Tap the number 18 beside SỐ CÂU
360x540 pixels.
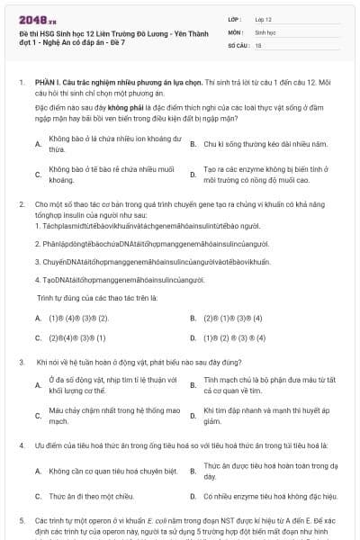coord(258,44)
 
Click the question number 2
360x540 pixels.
coord(22,204)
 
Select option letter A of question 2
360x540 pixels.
coord(37,319)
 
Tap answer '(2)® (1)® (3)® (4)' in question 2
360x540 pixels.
coord(233,319)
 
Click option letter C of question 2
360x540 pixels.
coord(37,338)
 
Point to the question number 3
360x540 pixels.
coord(22,362)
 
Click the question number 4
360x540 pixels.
coord(22,445)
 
